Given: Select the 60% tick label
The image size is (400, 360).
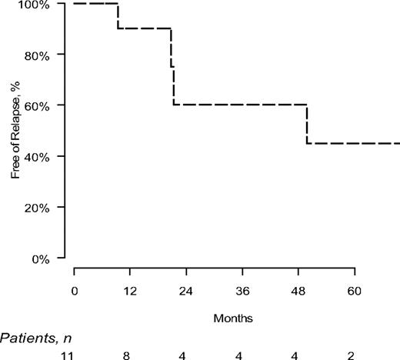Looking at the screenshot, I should click(x=37, y=106).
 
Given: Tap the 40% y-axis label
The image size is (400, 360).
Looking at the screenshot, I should click(x=37, y=157).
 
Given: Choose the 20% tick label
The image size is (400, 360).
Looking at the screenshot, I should click(x=37, y=208).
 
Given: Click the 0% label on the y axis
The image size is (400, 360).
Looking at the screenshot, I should click(x=41, y=258).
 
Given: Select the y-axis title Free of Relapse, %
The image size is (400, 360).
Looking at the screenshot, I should click(x=16, y=132).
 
